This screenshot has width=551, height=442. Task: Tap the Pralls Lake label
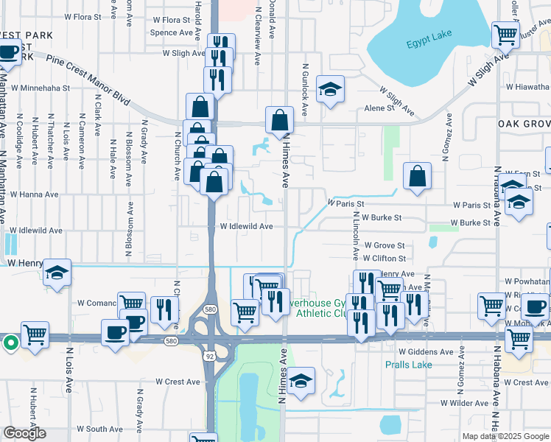pos(408,365)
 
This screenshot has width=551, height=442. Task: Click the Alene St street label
pos(379,108)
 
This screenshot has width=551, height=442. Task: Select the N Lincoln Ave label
pos(355,236)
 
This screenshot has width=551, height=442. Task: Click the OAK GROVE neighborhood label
pos(523,124)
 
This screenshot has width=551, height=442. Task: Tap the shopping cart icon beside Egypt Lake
pos(505,33)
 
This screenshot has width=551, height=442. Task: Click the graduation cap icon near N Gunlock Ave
pos(331,90)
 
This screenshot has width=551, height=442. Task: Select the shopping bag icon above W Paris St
pos(417,176)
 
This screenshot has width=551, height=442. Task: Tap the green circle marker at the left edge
pos(10,342)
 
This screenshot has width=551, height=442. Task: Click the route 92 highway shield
pos(211,356)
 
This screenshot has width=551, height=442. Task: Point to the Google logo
pos(24,433)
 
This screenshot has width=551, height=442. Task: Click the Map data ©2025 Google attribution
pos(505,436)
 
